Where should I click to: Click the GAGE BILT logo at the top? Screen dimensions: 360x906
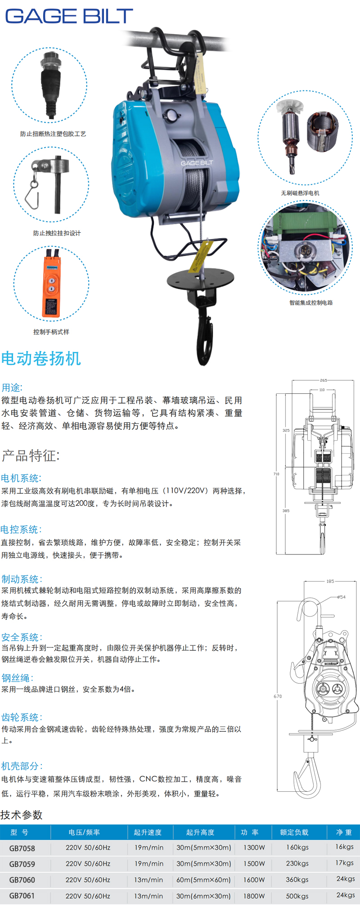(x=69, y=16)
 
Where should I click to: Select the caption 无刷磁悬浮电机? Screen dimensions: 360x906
(x=300, y=193)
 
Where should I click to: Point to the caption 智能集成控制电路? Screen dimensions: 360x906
(x=311, y=303)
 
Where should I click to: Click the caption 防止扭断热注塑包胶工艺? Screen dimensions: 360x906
(x=53, y=134)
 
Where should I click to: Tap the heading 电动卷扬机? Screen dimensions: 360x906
(x=41, y=359)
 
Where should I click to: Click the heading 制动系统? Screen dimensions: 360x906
(x=22, y=579)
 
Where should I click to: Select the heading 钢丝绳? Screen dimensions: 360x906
(x=18, y=678)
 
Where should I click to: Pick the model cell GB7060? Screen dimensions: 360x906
(x=22, y=880)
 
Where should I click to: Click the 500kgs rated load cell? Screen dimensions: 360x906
(x=297, y=896)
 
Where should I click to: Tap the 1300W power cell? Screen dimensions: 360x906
(x=254, y=847)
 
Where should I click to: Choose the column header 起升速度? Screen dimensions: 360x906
(x=148, y=832)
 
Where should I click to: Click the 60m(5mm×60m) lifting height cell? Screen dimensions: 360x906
(x=203, y=880)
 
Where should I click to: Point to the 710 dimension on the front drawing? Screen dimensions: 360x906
(x=276, y=474)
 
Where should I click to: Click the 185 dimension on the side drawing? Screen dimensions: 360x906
(x=330, y=581)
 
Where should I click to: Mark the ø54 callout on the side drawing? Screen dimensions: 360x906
(x=342, y=597)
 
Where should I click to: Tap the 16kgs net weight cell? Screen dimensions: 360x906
(x=345, y=847)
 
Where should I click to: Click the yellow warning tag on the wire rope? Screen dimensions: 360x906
(x=200, y=257)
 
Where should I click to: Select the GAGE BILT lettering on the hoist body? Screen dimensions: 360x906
(x=197, y=163)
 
